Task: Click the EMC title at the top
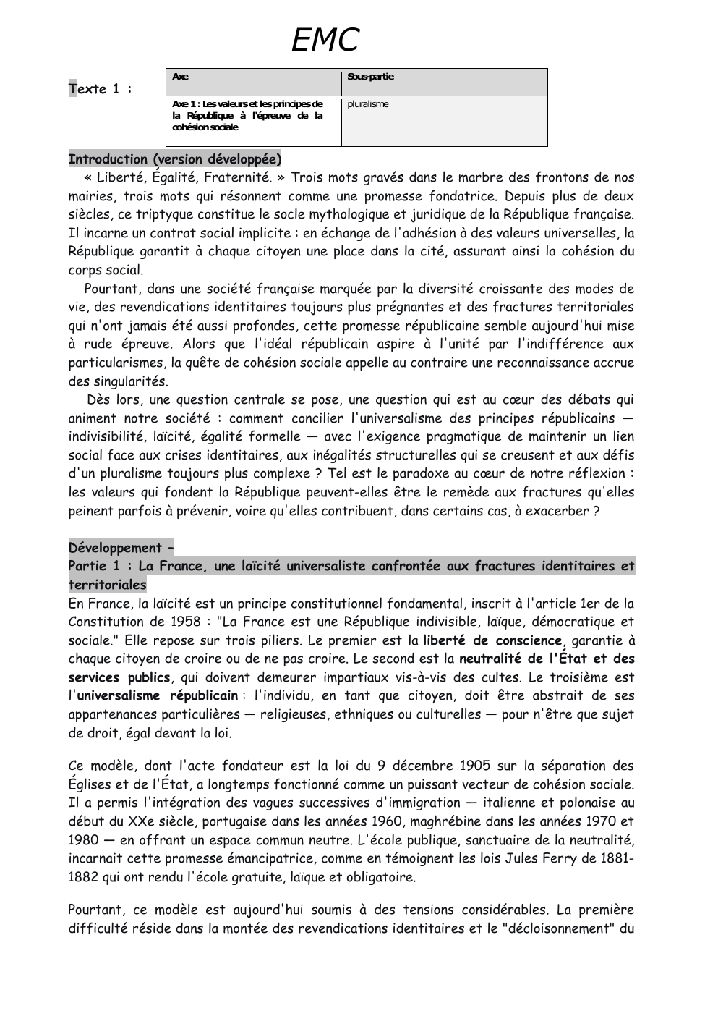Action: pos(325,41)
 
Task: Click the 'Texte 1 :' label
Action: pos(101,89)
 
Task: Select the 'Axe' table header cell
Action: pos(181,77)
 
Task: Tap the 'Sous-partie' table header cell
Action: pos(370,77)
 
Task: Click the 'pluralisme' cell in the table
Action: pos(368,104)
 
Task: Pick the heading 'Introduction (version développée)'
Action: pos(174,159)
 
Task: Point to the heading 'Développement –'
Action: pos(121,548)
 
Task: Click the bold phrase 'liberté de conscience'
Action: pos(492,640)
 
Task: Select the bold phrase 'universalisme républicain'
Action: pos(157,695)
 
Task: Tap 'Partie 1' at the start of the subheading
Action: pos(93,566)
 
